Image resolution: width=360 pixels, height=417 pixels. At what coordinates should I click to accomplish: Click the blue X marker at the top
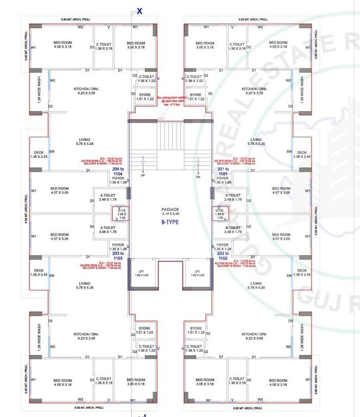point(140,10)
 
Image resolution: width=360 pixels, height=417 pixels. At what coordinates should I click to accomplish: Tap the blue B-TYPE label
point(169,222)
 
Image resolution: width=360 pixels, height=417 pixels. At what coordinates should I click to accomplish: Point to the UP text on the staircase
point(143,175)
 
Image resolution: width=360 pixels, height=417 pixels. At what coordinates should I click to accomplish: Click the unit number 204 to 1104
point(118,173)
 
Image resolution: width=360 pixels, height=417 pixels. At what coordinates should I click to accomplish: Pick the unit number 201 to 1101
point(223,173)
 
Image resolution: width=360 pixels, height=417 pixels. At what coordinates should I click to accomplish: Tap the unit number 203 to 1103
point(118,256)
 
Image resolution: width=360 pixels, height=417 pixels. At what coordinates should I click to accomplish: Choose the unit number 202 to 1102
point(223,256)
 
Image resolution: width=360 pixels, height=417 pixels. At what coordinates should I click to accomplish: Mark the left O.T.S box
point(121,213)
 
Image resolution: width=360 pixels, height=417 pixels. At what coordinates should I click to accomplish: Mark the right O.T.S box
point(220,213)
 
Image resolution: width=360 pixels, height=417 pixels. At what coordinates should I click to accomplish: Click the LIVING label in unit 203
point(84,285)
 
